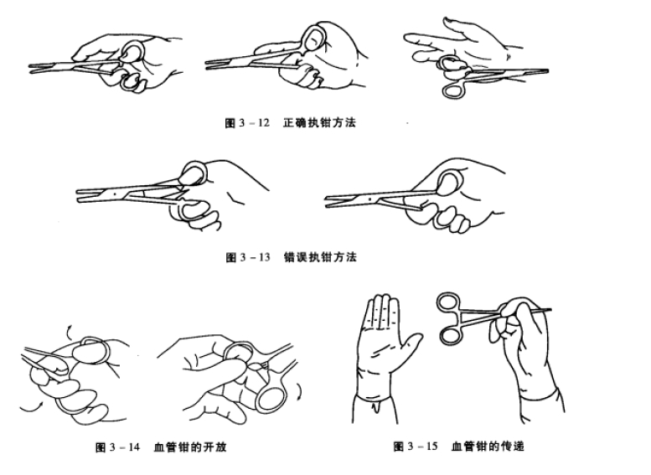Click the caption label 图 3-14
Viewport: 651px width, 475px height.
[119, 447]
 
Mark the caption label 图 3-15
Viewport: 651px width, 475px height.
[416, 447]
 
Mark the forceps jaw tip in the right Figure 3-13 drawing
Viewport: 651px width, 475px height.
[329, 199]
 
